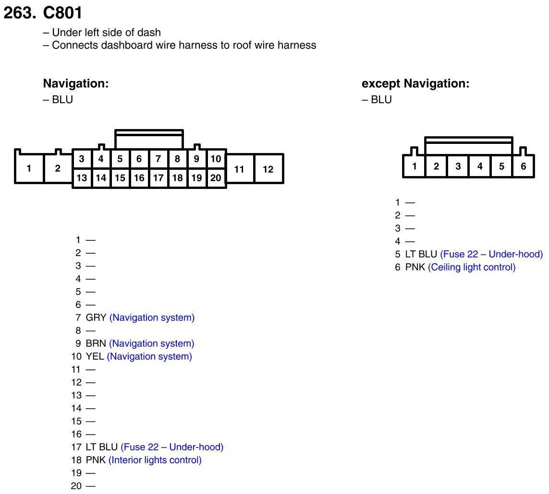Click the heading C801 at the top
(62, 13)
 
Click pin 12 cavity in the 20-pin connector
(268, 169)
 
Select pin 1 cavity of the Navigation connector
(29, 168)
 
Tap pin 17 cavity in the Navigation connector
(158, 178)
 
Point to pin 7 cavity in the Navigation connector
(158, 159)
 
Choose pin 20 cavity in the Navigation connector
(216, 178)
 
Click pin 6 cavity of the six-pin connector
(523, 166)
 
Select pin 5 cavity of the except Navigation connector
(501, 166)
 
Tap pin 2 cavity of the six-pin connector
(436, 166)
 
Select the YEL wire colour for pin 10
(95, 356)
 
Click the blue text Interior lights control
(155, 460)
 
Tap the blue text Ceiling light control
(472, 267)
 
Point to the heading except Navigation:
(415, 84)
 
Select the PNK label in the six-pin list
(415, 267)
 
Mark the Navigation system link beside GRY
(152, 318)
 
